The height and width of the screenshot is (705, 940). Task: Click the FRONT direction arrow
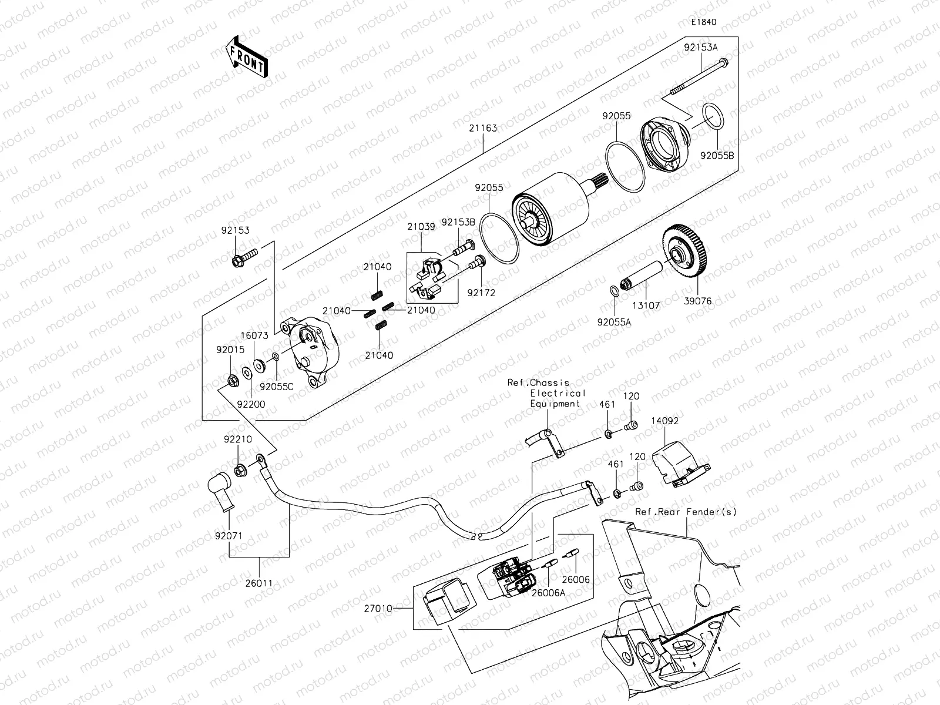(246, 56)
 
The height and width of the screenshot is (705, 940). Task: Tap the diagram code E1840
(703, 22)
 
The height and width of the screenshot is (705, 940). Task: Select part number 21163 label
(484, 128)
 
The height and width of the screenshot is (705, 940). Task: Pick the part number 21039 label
(421, 227)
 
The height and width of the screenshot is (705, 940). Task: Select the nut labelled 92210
(240, 470)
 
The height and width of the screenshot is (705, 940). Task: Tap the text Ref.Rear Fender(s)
(685, 512)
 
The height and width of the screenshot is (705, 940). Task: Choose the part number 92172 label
(481, 291)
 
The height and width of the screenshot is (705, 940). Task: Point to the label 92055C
(276, 387)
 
